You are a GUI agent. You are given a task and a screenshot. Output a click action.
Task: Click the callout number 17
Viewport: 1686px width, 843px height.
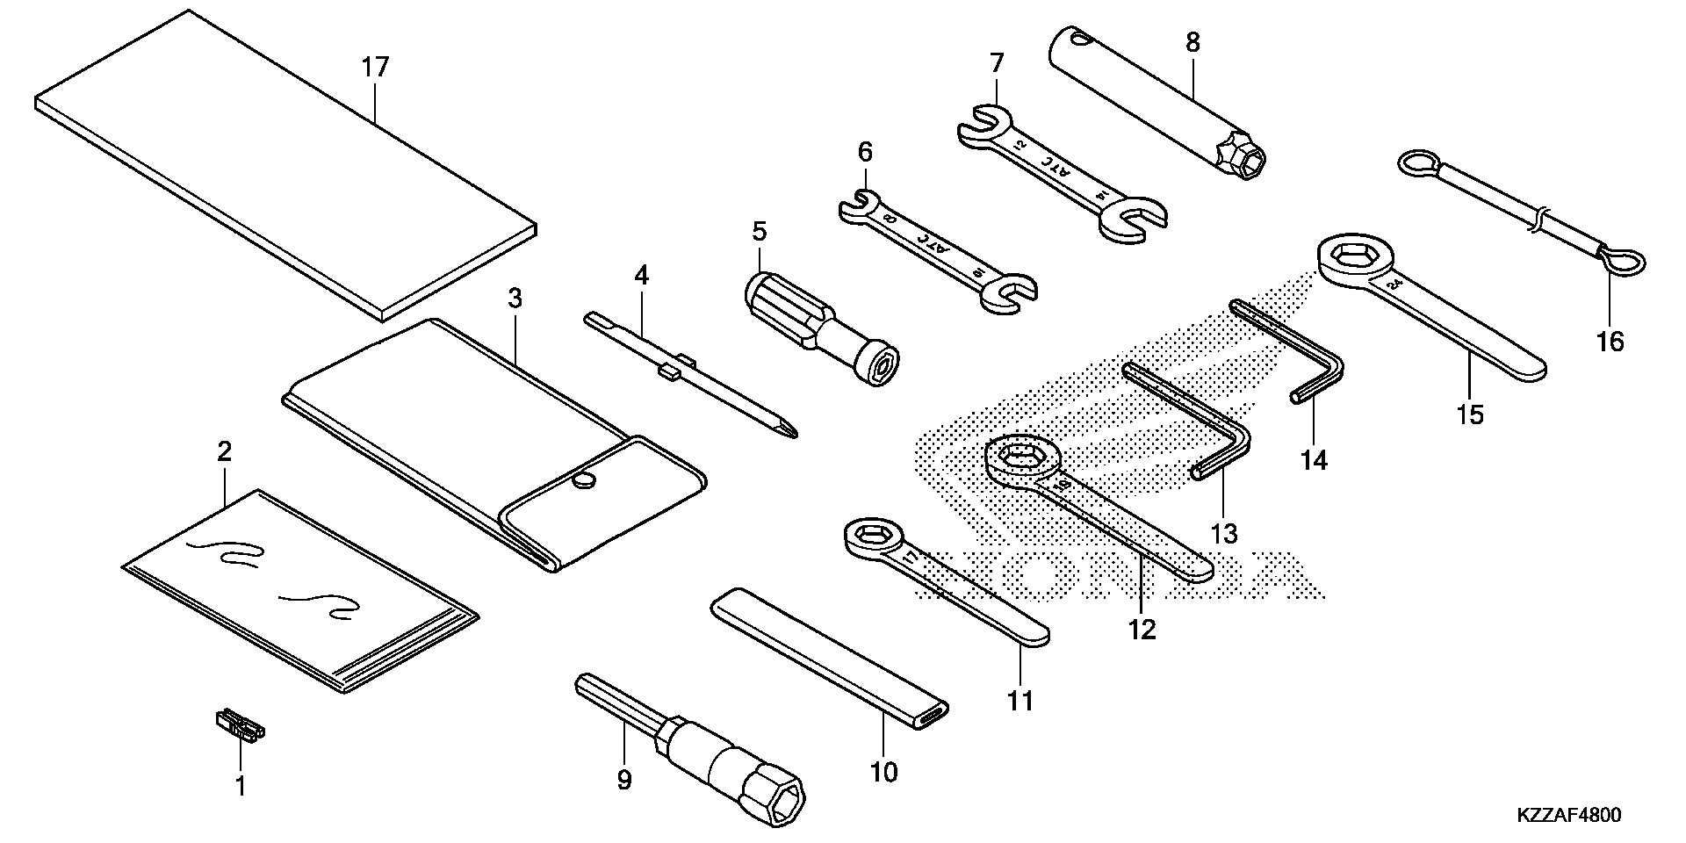(375, 68)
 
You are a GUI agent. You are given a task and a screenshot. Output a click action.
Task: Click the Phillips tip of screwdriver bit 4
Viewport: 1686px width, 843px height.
(789, 429)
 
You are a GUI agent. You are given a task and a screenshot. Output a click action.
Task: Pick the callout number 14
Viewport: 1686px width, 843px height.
(1315, 459)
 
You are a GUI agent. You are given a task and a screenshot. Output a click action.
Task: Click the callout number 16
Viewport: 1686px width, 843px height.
(1610, 341)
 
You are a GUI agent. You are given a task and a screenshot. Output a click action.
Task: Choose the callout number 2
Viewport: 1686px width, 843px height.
(224, 452)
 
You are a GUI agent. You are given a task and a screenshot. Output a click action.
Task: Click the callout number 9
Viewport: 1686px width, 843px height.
(624, 780)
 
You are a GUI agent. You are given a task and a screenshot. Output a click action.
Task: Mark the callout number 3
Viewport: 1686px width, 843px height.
(515, 299)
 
